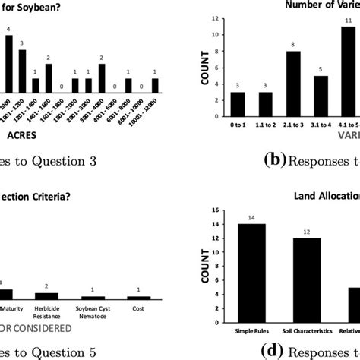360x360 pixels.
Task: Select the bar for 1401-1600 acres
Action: (x=49, y=77)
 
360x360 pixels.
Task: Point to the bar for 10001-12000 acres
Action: (x=154, y=85)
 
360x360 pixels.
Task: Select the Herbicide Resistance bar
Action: (x=46, y=295)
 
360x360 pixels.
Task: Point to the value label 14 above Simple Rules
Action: (x=250, y=219)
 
